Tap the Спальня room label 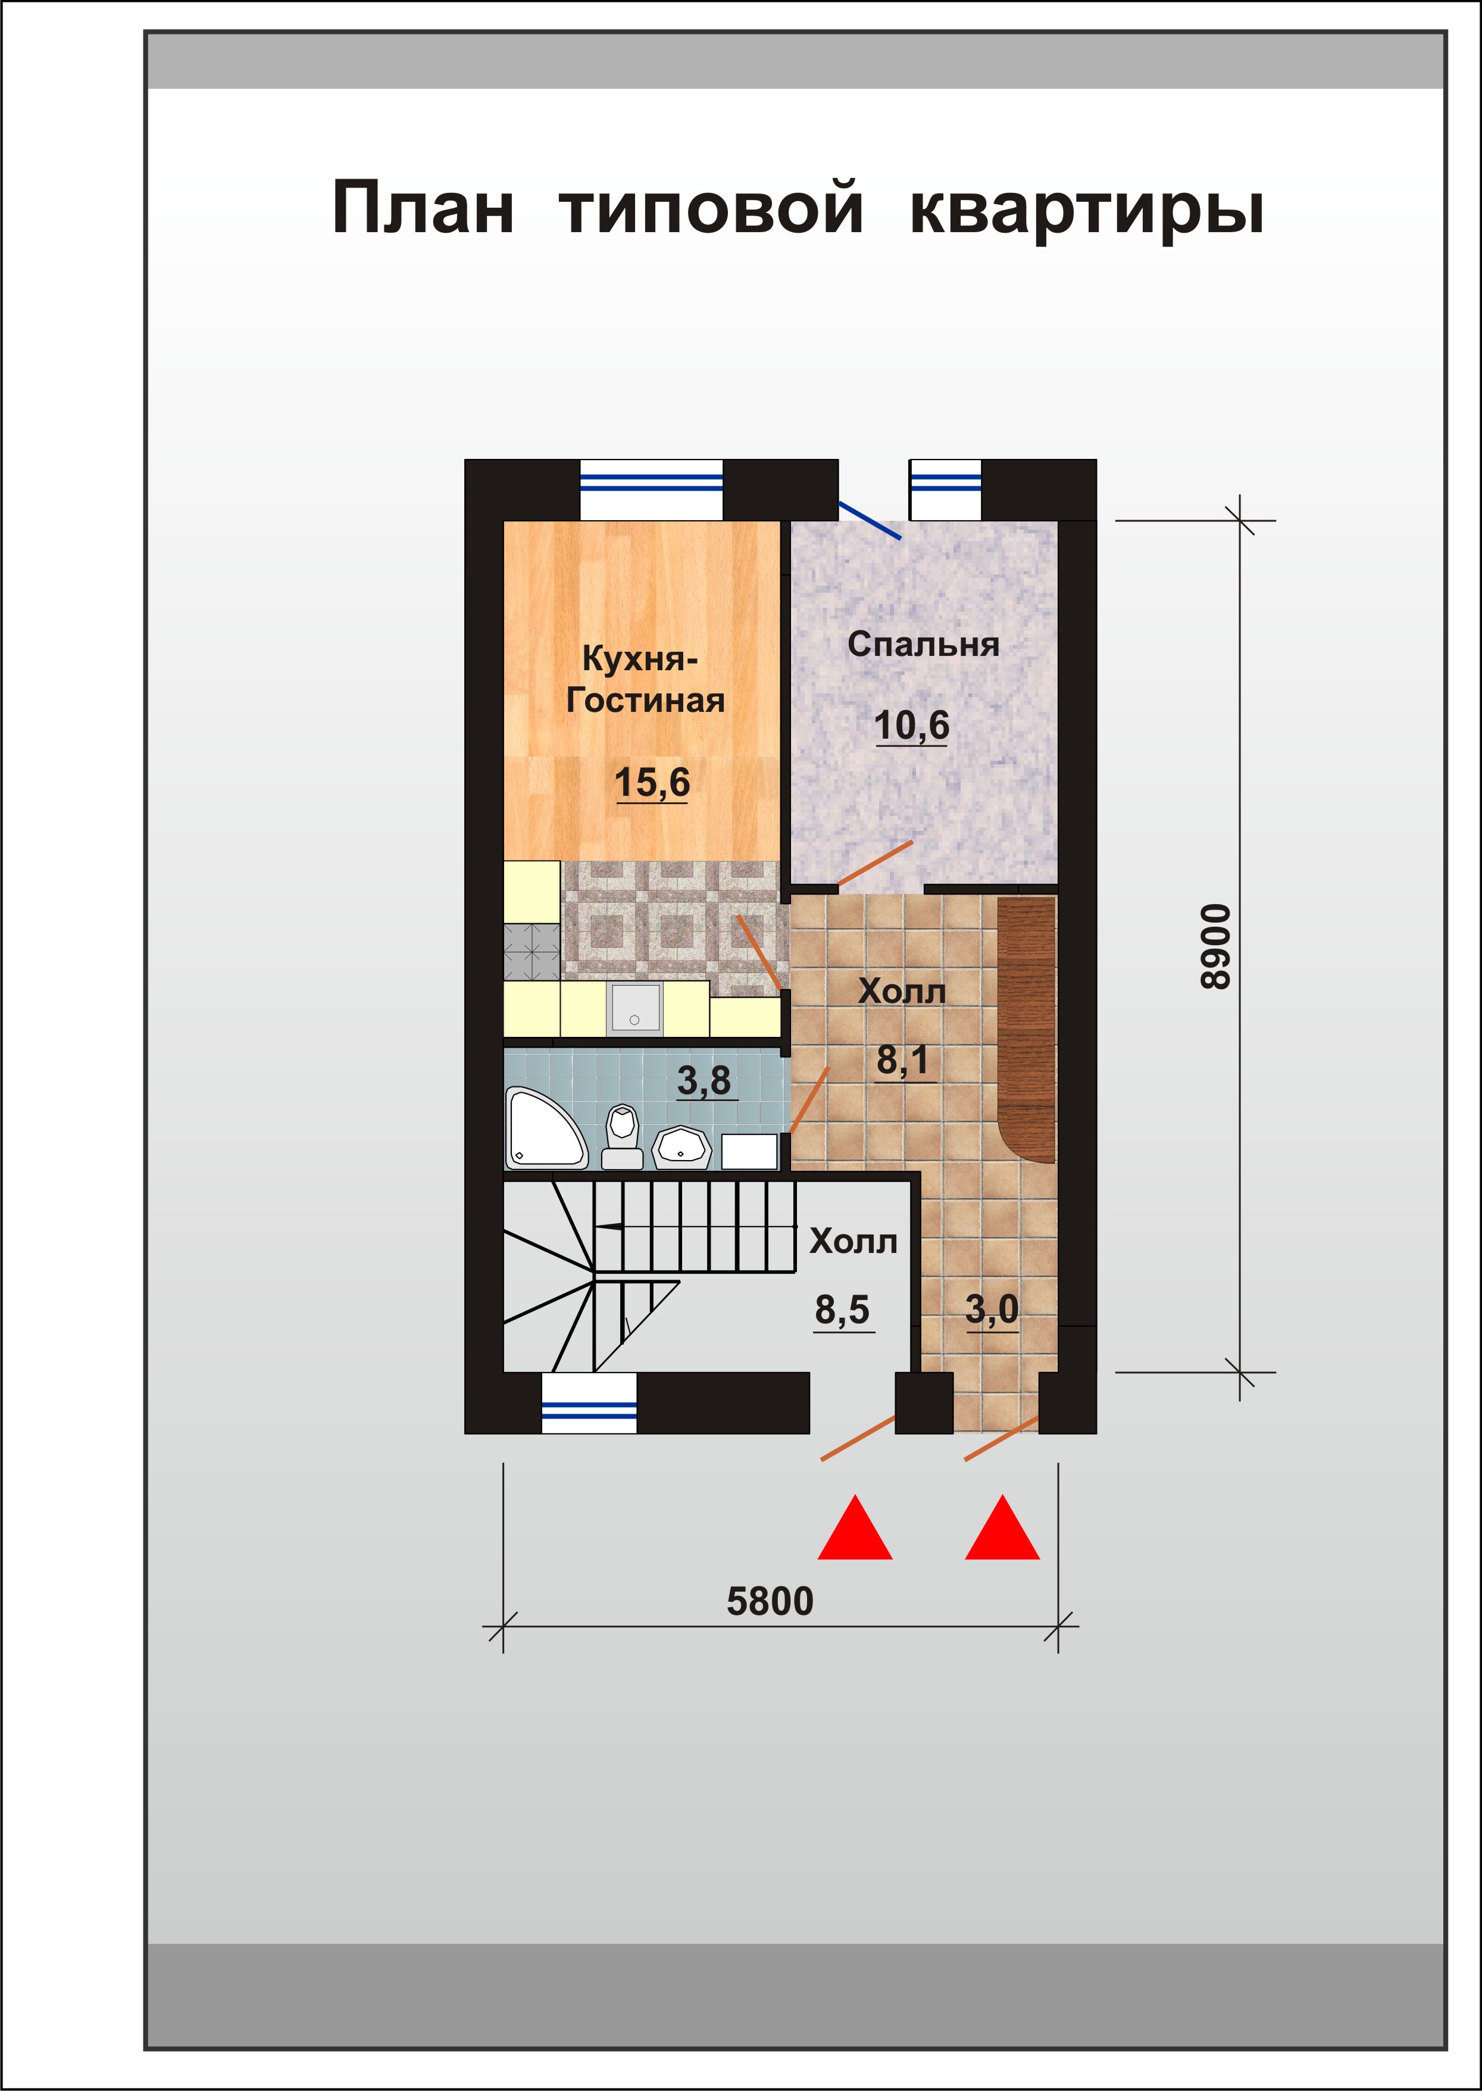[924, 645]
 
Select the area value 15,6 [652, 783]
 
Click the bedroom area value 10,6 [912, 726]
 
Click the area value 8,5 [842, 1311]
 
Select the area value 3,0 [992, 1309]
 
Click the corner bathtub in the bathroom [546, 1128]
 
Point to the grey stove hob [532, 952]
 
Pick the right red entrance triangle [1002, 1527]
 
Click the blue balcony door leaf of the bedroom [870, 519]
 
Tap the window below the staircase [589, 1403]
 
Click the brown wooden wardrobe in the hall [1027, 1030]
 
